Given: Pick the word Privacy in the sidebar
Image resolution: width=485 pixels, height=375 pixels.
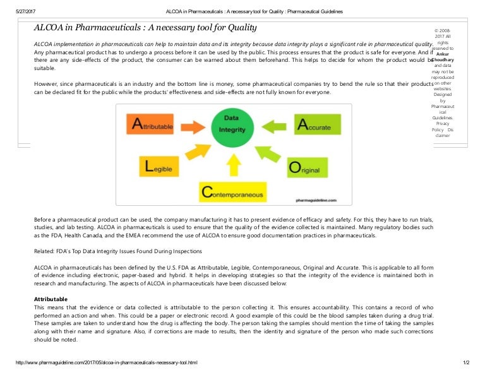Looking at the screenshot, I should pos(443,123).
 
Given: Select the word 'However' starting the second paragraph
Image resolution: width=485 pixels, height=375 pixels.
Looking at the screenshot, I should pos(47,83).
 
